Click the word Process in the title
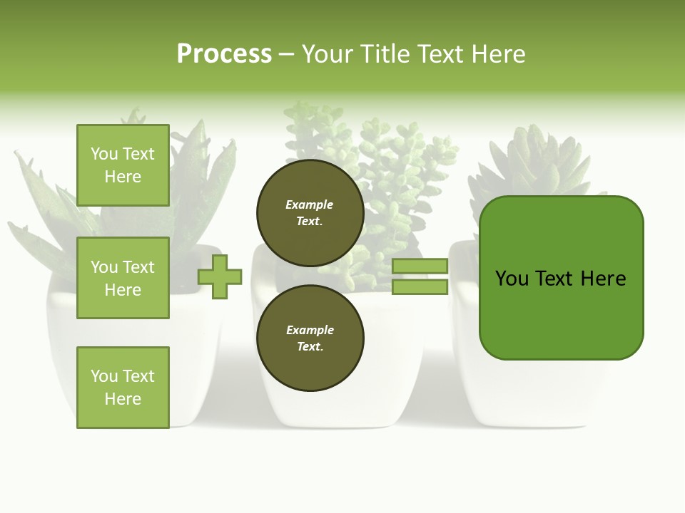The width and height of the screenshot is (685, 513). pyautogui.click(x=224, y=54)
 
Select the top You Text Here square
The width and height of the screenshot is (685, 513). pyautogui.click(x=123, y=165)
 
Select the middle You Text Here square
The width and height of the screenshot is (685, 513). pyautogui.click(x=123, y=278)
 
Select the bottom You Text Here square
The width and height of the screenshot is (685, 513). pyautogui.click(x=123, y=388)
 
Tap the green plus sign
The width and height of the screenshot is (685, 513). pyautogui.click(x=220, y=276)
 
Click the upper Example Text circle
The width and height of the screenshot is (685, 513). pyautogui.click(x=310, y=213)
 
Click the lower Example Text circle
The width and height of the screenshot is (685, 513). pyautogui.click(x=310, y=338)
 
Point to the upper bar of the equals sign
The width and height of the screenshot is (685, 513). pyautogui.click(x=420, y=266)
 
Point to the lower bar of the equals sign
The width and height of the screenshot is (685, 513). pyautogui.click(x=420, y=287)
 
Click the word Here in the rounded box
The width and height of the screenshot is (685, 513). pyautogui.click(x=603, y=279)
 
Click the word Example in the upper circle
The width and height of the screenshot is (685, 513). pyautogui.click(x=309, y=204)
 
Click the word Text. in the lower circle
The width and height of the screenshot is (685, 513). pyautogui.click(x=310, y=347)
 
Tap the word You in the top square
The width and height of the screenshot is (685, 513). pyautogui.click(x=104, y=154)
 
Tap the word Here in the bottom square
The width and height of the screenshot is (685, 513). pyautogui.click(x=123, y=399)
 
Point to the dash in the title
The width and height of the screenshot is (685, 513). pyautogui.click(x=286, y=55)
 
